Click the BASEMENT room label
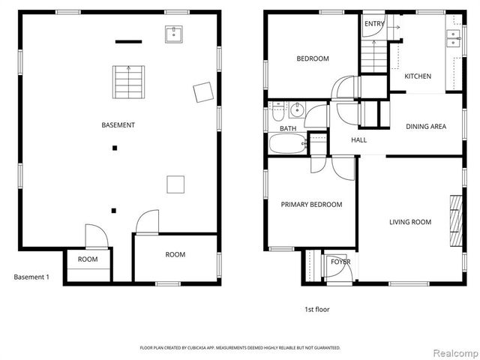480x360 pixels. click(x=118, y=125)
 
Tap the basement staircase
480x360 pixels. click(x=128, y=82)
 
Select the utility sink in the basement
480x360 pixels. click(x=174, y=34)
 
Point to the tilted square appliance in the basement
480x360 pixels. click(x=203, y=92)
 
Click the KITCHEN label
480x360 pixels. click(x=418, y=76)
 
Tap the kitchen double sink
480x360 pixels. click(x=453, y=38)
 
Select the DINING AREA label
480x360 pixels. click(x=426, y=127)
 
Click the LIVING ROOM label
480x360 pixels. click(x=410, y=222)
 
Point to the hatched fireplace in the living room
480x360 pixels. click(x=456, y=220)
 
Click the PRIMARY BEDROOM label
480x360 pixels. click(x=311, y=205)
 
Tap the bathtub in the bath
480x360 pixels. click(x=287, y=143)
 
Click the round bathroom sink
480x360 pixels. click(x=297, y=110)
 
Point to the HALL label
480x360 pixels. click(x=358, y=140)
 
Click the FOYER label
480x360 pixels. click(x=340, y=262)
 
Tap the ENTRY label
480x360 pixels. click(x=374, y=24)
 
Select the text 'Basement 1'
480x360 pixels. click(x=31, y=277)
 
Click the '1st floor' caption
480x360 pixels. click(x=316, y=310)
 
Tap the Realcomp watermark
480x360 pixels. click(x=457, y=353)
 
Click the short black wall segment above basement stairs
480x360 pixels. click(x=128, y=42)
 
